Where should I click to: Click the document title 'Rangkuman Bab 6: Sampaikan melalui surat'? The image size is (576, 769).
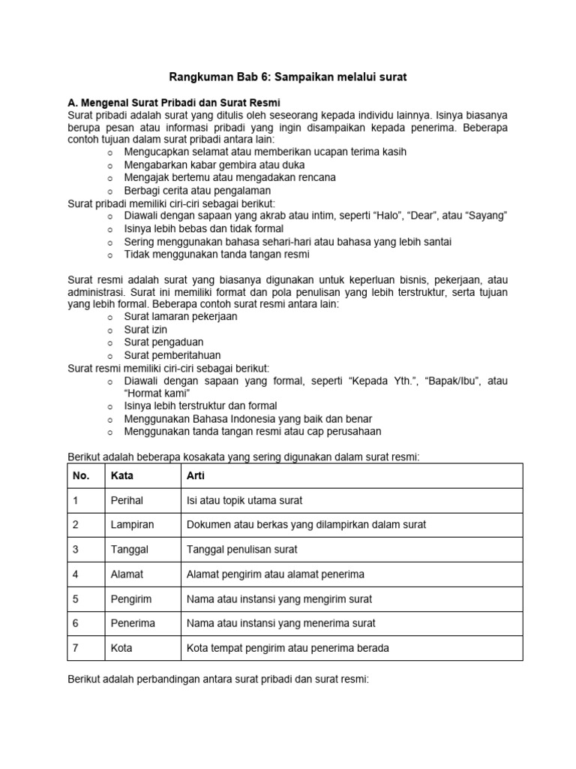287,77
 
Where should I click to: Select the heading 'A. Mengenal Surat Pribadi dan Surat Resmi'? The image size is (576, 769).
174,102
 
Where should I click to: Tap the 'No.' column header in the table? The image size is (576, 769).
81,476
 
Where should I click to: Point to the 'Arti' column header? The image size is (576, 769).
195,476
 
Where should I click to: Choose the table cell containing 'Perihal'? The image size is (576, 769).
127,501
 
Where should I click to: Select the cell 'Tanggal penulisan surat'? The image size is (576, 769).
241,550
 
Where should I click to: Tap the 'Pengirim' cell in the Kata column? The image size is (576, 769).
131,599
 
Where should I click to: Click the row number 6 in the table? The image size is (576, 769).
76,623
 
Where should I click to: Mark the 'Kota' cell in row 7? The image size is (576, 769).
121,648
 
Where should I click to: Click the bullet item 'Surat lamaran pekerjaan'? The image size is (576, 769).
180,317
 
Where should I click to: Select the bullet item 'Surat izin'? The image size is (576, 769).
147,330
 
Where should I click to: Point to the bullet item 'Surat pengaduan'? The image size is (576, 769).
163,342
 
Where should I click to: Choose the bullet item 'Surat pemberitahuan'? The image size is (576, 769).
172,355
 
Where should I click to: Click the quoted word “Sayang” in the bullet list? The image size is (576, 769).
487,216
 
